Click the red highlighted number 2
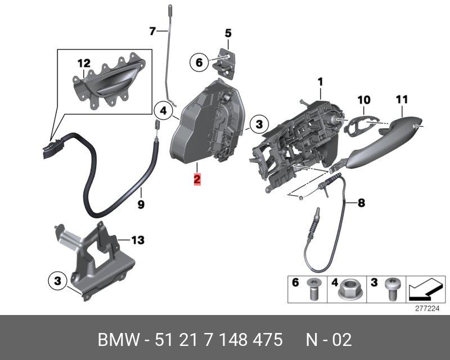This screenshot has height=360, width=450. click(x=197, y=179)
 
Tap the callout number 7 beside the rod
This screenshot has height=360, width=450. click(x=152, y=31)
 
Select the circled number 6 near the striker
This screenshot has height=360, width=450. click(x=199, y=62)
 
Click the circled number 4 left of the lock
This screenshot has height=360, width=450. click(x=163, y=110)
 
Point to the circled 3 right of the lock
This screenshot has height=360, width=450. click(x=259, y=124)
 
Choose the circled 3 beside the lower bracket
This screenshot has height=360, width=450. click(x=57, y=281)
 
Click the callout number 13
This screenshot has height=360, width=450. click(x=138, y=240)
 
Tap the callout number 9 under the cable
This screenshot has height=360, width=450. click(x=141, y=205)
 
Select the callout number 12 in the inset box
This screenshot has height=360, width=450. click(x=84, y=63)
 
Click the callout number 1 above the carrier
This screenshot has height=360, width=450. click(x=320, y=82)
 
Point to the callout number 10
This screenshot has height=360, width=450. click(x=364, y=100)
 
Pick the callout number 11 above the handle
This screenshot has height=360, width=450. click(x=402, y=100)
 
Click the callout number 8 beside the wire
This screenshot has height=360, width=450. click(x=361, y=203)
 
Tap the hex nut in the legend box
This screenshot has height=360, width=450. click(x=346, y=289)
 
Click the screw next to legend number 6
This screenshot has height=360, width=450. click(x=313, y=289)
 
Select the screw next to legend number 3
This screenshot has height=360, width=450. click(x=391, y=289)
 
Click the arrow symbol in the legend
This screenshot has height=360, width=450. click(x=425, y=290)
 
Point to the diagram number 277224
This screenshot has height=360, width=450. click(x=427, y=309)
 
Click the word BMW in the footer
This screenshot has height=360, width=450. click(x=118, y=340)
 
